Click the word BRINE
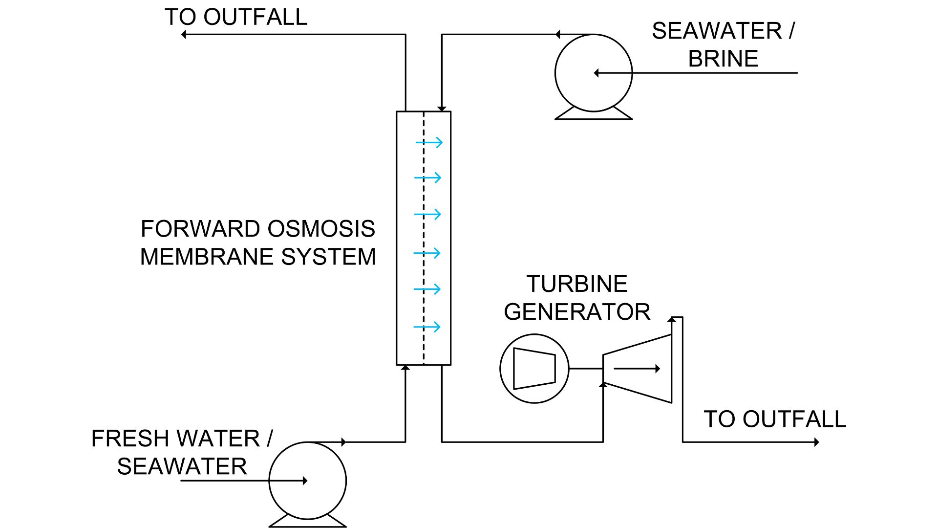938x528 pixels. tap(723, 59)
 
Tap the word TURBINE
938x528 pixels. tap(576, 284)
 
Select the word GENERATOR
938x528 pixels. tap(576, 312)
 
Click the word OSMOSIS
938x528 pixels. tap(321, 229)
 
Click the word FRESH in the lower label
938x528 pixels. tap(126, 439)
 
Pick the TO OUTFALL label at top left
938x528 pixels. tap(236, 17)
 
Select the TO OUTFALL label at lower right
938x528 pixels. tap(775, 419)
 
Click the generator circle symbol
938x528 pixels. tap(534, 369)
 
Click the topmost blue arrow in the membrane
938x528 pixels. tap(429, 142)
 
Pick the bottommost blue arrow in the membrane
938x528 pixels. tap(427, 327)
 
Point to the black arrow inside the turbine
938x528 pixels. tap(637, 369)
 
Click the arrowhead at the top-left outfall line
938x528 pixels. tap(184, 35)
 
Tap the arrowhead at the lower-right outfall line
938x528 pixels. tap(816, 442)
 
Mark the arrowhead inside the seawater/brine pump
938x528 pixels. tap(596, 73)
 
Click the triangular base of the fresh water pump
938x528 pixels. tap(308, 522)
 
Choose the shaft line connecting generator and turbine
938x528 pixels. tap(586, 369)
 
